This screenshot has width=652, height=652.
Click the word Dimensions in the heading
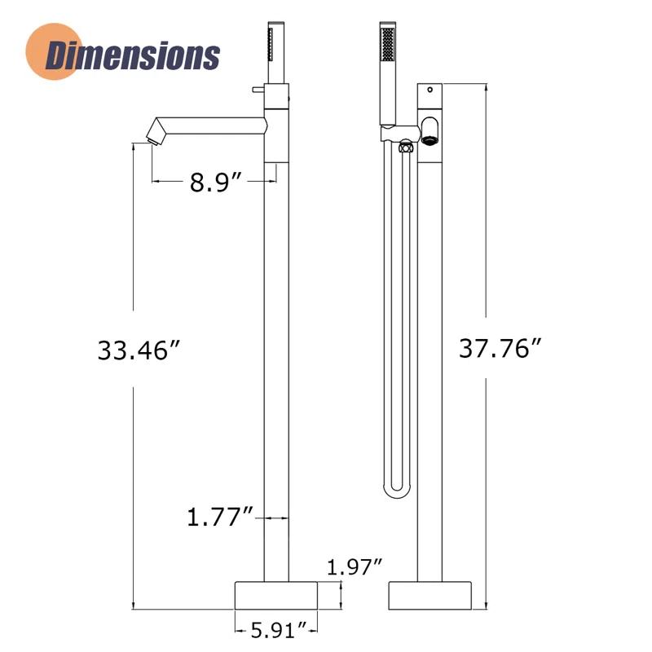tap(133, 55)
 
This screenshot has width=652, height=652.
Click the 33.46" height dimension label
tap(138, 350)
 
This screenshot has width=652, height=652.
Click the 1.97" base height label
tap(355, 566)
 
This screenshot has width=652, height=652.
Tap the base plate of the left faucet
tap(276, 594)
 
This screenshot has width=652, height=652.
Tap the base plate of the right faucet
tap(430, 594)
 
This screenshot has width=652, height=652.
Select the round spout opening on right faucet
tap(430, 130)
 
